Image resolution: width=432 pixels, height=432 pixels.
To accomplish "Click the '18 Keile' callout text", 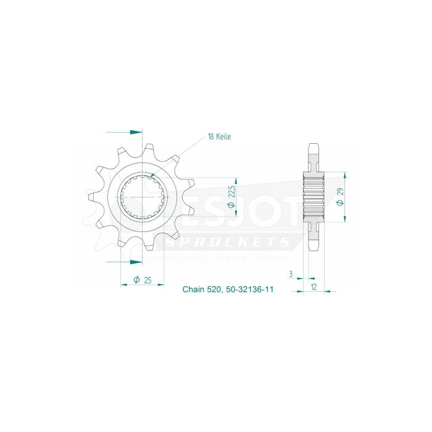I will pos(219,136).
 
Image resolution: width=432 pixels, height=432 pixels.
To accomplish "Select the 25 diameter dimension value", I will pos(147,281).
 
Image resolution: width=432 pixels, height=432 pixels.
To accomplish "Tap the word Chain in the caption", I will pos(194,289).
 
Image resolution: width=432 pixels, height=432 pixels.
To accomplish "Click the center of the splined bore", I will pos(143,196).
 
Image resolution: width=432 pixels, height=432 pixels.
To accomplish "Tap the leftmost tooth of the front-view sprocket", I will pos(91,196).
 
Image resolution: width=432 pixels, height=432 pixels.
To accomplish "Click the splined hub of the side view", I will pos(314,196).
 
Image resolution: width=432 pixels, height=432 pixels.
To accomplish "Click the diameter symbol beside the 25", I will pos(136,281).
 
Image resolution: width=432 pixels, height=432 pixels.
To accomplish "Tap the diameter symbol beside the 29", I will pos(340,210).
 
